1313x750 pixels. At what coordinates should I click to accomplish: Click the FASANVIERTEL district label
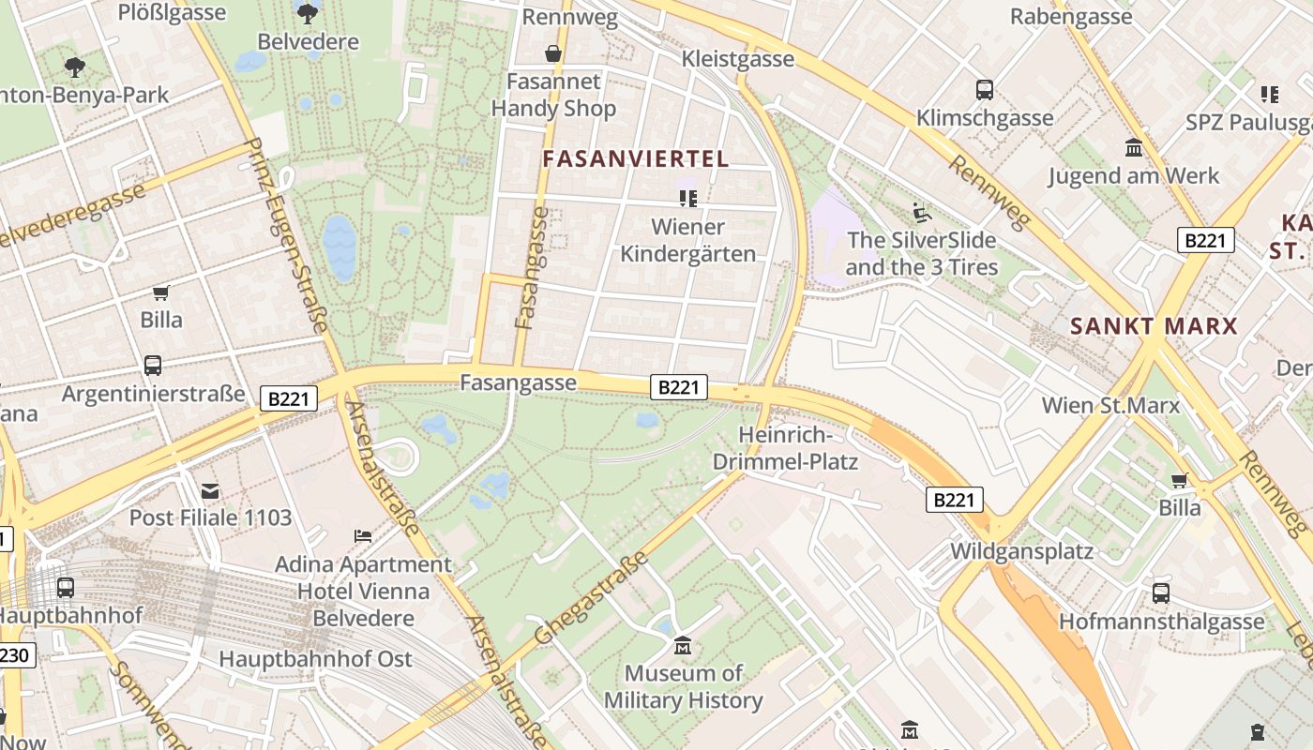[x=636, y=158]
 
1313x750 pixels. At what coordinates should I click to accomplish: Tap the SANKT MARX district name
[x=1154, y=326]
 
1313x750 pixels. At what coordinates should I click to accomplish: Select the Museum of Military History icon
[x=683, y=646]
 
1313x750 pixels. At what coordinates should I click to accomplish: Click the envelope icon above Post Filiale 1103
[x=210, y=490]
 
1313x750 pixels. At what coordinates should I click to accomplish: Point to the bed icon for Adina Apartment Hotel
[x=363, y=535]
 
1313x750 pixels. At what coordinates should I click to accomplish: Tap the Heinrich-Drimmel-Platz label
[x=785, y=448]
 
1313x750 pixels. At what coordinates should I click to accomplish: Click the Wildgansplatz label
[x=1021, y=550]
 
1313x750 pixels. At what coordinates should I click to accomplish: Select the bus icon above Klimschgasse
[x=984, y=90]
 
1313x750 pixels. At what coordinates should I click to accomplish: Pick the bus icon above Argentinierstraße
[x=153, y=366]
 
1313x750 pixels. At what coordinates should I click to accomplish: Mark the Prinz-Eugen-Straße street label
[x=286, y=235]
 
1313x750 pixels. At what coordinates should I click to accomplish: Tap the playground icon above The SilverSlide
[x=921, y=213]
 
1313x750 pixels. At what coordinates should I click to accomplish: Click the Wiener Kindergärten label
[x=687, y=240]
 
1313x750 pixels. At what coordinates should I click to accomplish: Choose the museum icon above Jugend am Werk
[x=1133, y=147]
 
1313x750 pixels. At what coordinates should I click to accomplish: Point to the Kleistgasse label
[x=737, y=59]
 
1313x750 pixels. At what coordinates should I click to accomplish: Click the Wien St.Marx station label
[x=1110, y=406]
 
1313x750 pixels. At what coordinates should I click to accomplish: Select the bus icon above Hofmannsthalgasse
[x=1161, y=593]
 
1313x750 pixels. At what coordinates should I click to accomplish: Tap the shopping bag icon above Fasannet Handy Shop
[x=553, y=53]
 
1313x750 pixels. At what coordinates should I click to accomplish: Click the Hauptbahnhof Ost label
[x=315, y=659]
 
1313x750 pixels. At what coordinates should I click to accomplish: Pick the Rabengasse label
[x=1070, y=16]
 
